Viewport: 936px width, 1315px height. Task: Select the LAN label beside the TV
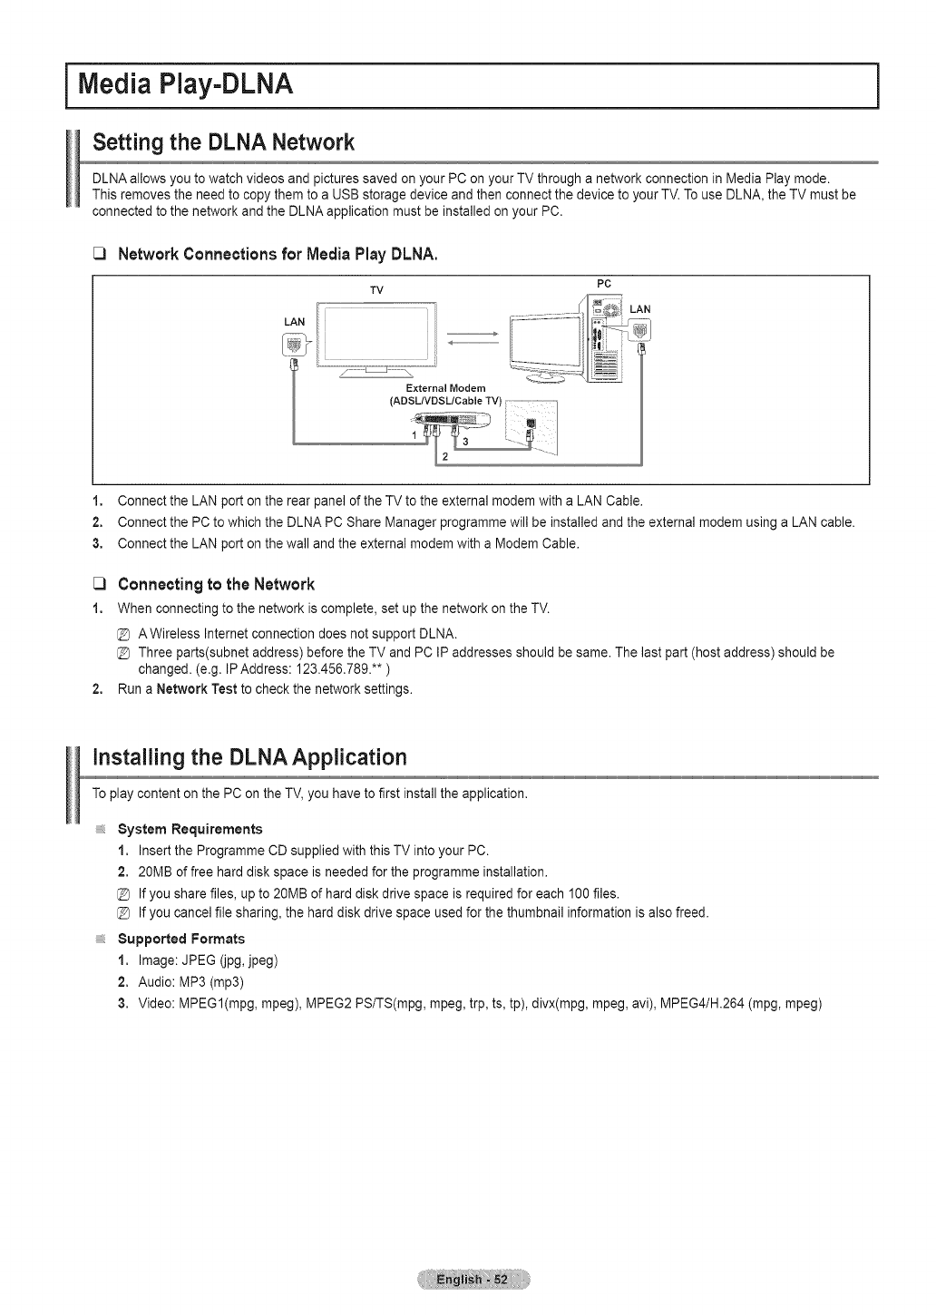pyautogui.click(x=295, y=322)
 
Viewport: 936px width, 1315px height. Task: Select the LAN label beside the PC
pyautogui.click(x=639, y=309)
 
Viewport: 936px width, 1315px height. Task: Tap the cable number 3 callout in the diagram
pyautogui.click(x=465, y=442)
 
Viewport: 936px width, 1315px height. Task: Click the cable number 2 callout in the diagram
pyautogui.click(x=444, y=456)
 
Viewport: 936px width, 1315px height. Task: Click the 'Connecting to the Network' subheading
pyautogui.click(x=216, y=583)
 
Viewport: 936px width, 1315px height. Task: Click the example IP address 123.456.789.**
pyautogui.click(x=336, y=669)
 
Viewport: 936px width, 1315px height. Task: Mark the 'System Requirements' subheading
pyautogui.click(x=190, y=829)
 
